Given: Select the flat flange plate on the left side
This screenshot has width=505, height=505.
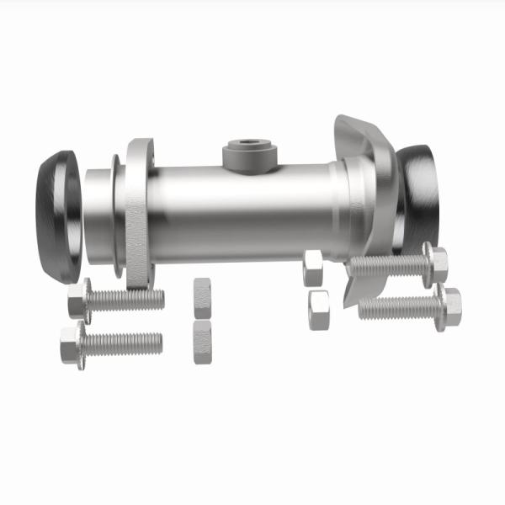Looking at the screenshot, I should tap(139, 210).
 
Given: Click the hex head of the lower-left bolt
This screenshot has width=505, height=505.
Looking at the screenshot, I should tap(72, 344).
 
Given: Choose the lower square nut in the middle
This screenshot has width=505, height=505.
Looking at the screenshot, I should tap(203, 341).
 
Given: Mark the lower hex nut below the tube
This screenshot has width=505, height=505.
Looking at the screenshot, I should tap(318, 309).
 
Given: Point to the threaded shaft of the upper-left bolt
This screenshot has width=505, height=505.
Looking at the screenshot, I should tap(126, 299).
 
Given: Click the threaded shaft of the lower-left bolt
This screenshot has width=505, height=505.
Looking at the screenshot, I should tap(123, 343).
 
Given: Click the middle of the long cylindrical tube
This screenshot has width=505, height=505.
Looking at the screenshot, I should tap(244, 210).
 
